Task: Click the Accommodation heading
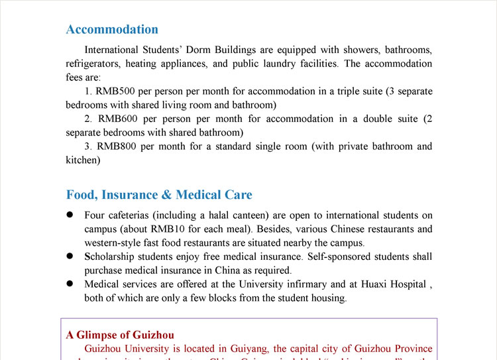[x=112, y=29]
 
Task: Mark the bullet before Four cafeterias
[x=70, y=215]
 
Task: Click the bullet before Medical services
[x=70, y=284]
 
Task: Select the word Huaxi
[x=375, y=284]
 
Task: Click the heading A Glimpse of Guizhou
[x=120, y=335]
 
